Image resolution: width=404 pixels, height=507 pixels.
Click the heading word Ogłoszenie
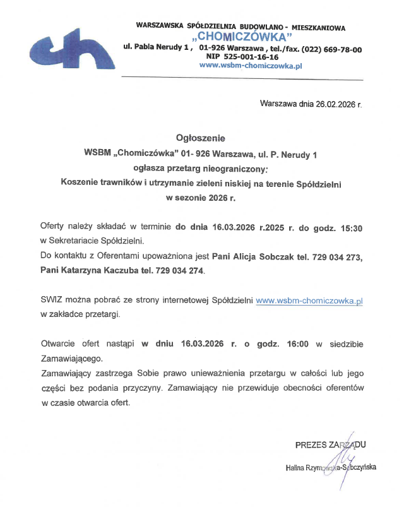[x=200, y=138]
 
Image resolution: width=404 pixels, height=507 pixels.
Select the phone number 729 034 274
[x=177, y=271]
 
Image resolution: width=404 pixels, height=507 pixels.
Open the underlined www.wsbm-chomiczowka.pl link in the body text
[x=309, y=301]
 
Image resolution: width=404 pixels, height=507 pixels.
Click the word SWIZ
[x=52, y=301]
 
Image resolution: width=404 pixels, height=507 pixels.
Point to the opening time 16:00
[x=297, y=344]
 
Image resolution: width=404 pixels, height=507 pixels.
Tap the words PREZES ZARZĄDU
[x=330, y=445]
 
